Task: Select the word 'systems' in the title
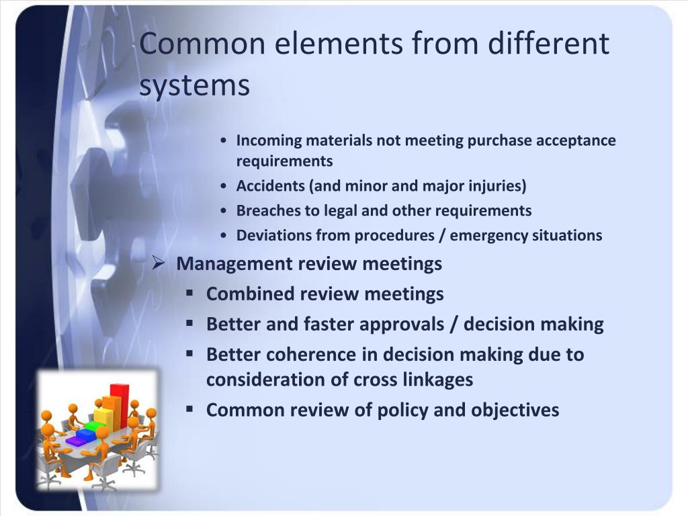tap(195, 87)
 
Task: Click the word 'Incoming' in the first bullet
tap(269, 140)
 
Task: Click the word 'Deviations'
tap(271, 235)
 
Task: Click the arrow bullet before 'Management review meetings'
tap(159, 262)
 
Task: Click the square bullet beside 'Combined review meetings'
tap(190, 293)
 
